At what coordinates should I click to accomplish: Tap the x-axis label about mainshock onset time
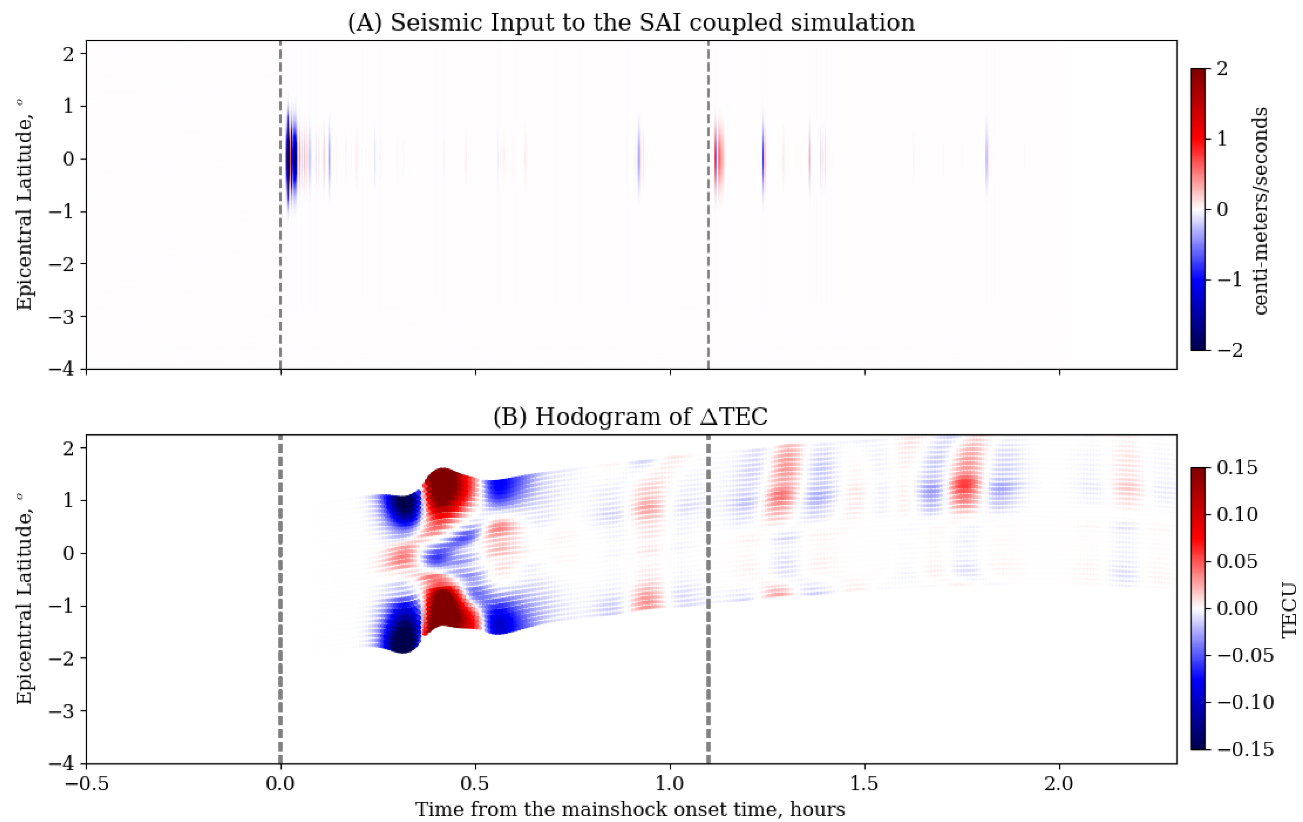[630, 809]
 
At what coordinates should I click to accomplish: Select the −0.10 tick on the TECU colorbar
[1245, 702]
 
